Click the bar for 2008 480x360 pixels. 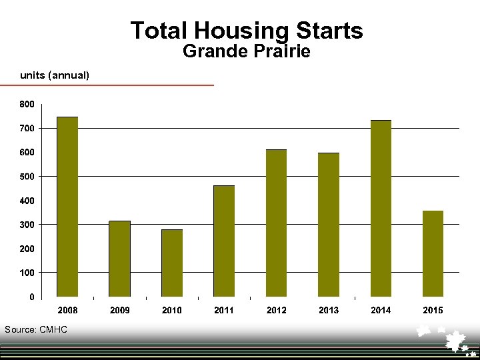click(67, 207)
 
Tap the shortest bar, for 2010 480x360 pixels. click(172, 263)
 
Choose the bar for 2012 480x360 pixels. click(276, 223)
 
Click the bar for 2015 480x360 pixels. click(433, 254)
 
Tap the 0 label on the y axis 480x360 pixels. click(32, 297)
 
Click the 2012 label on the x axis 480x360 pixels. click(276, 310)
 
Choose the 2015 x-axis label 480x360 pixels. click(433, 310)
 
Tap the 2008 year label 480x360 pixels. click(67, 310)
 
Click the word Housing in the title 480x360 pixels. click(240, 31)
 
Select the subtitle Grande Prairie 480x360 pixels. click(246, 51)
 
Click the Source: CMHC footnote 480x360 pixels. click(36, 329)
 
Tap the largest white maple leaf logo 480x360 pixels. click(456, 340)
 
